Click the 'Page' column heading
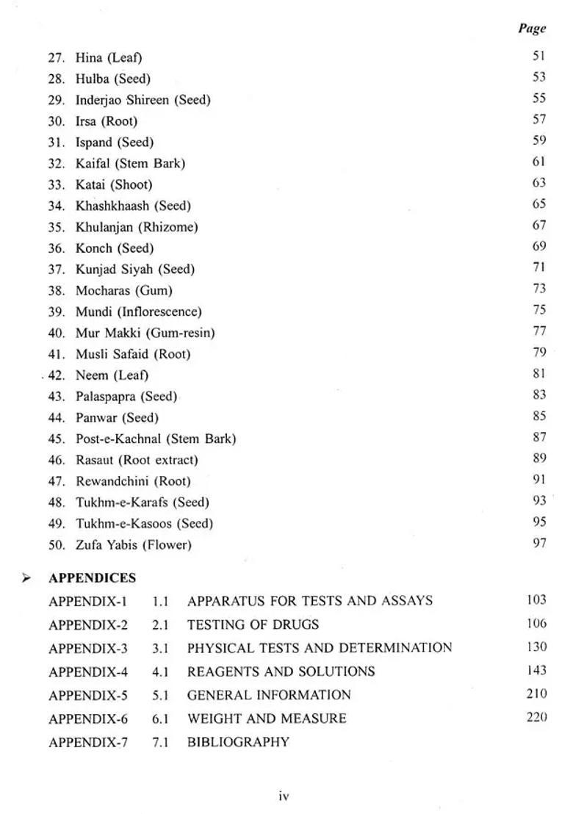pyautogui.click(x=532, y=29)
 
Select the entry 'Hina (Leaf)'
pyautogui.click(x=108, y=57)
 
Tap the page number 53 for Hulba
pyautogui.click(x=538, y=77)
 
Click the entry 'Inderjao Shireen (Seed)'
pyautogui.click(x=143, y=100)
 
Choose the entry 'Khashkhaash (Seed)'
pyautogui.click(x=133, y=206)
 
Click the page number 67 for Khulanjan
pyautogui.click(x=538, y=226)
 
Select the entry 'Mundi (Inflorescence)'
pyautogui.click(x=138, y=312)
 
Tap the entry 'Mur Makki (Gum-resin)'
pyautogui.click(x=145, y=334)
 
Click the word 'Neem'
pyautogui.click(x=92, y=375)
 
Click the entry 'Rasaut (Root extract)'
pyautogui.click(x=137, y=461)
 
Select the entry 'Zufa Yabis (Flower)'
pyautogui.click(x=133, y=545)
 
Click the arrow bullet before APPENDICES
pyautogui.click(x=26, y=579)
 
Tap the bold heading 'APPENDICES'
pyautogui.click(x=92, y=579)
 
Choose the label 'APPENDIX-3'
pyautogui.click(x=87, y=649)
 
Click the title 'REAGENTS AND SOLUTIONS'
pyautogui.click(x=281, y=671)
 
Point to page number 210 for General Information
pyautogui.click(x=536, y=694)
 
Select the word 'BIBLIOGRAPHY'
pyautogui.click(x=238, y=742)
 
